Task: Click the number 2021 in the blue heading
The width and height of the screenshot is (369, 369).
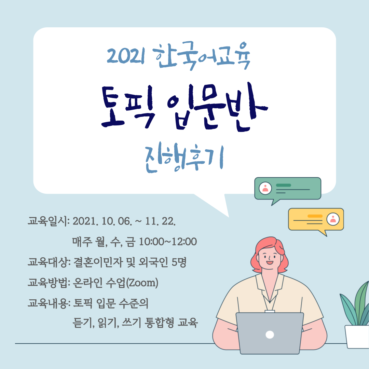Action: (126, 55)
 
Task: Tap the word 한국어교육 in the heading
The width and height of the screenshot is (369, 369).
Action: (202, 56)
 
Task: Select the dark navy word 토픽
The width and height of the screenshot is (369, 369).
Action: (127, 107)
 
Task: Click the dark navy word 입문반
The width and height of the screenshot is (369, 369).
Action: (218, 107)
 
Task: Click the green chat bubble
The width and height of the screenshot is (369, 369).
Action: (288, 189)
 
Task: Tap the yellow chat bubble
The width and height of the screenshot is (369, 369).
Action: (316, 220)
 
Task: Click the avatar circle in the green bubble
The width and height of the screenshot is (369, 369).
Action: (265, 188)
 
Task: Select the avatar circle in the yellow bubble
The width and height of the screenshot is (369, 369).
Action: (333, 219)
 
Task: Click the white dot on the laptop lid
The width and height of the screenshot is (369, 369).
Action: (270, 334)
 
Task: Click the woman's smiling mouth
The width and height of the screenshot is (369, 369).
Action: (270, 262)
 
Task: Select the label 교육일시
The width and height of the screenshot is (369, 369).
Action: (47, 221)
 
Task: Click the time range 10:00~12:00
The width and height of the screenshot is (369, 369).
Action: (168, 242)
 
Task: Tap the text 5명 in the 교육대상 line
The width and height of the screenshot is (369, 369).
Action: (179, 262)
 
